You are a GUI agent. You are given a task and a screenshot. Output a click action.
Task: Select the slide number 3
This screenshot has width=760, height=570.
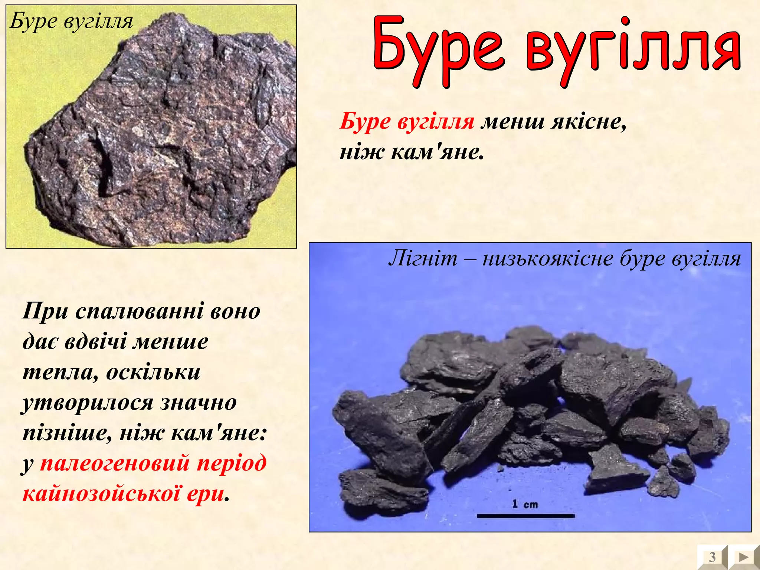point(712,557)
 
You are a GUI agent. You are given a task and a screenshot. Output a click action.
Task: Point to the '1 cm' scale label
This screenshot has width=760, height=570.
point(525,504)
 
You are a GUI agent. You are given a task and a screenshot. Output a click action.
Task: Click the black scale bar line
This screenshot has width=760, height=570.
point(525,516)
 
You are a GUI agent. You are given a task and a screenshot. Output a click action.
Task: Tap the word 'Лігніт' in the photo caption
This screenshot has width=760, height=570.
point(423,258)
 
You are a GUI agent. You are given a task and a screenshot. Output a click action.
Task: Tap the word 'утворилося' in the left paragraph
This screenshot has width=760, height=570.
point(88,403)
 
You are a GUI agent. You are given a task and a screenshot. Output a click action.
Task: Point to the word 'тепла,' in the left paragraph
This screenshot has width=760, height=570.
point(61,372)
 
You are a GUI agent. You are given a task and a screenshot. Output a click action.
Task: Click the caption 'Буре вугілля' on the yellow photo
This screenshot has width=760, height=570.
point(71,21)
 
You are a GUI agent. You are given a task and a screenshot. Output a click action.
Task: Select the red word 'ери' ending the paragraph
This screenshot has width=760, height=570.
point(206,494)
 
